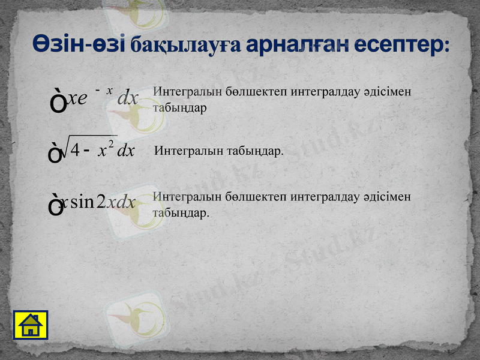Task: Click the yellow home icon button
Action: (x=30, y=325)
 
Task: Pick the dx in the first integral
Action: (x=128, y=98)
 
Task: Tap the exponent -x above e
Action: (x=104, y=90)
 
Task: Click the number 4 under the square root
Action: (x=75, y=150)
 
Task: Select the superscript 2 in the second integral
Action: (x=111, y=143)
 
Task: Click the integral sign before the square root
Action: (x=55, y=154)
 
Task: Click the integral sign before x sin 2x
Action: (x=55, y=206)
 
